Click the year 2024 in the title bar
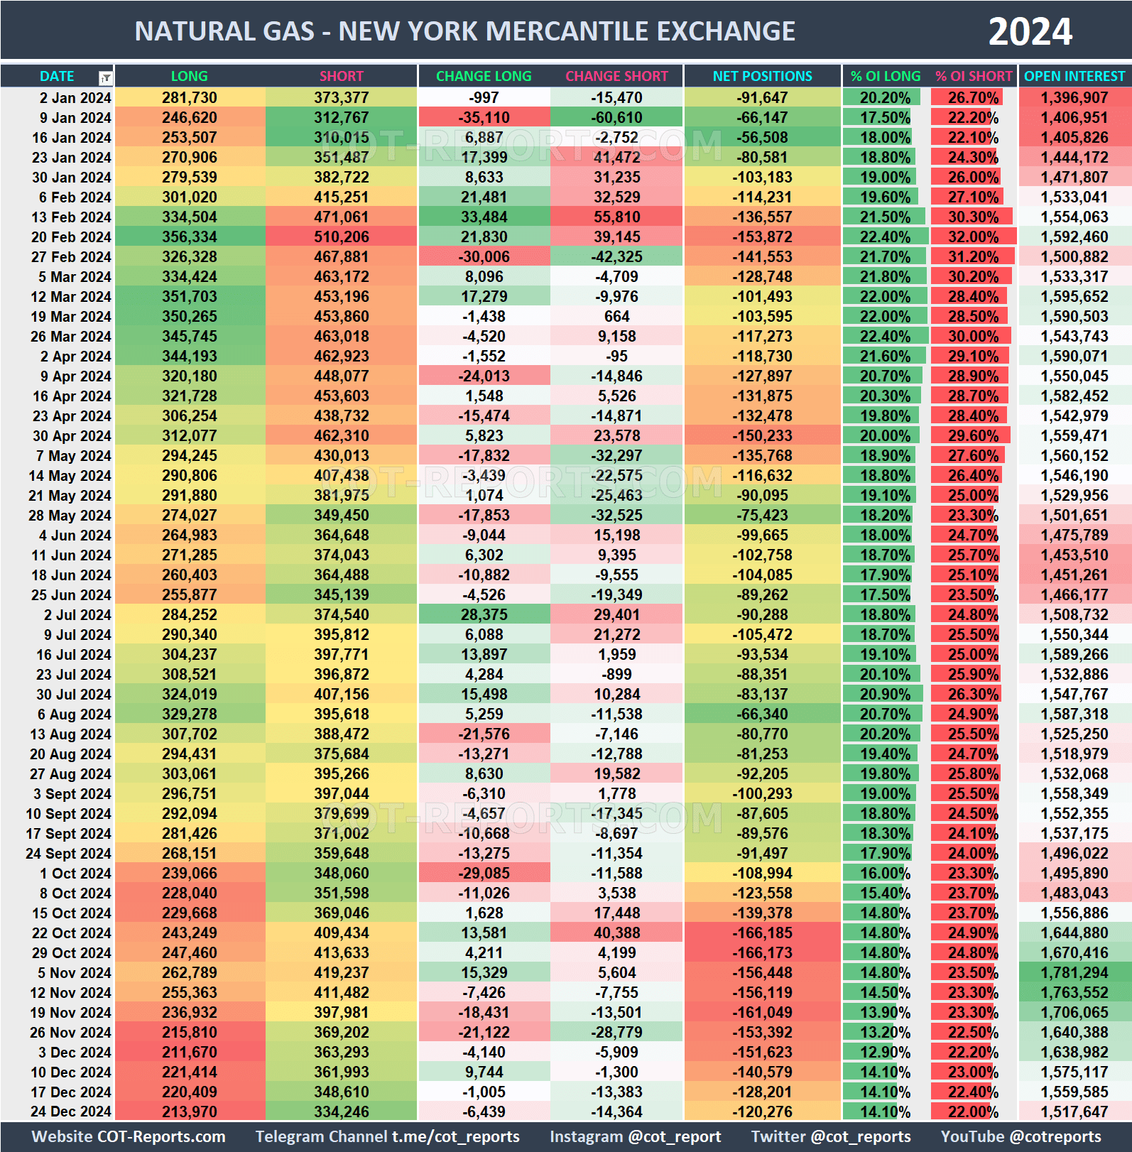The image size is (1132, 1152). click(1030, 31)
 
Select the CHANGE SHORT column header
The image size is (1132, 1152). click(616, 76)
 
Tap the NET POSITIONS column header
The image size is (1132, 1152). click(762, 76)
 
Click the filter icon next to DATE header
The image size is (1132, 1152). click(105, 77)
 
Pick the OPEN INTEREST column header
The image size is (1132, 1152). click(1074, 76)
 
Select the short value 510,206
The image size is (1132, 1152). click(341, 237)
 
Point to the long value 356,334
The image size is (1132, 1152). click(189, 237)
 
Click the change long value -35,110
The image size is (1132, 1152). click(484, 118)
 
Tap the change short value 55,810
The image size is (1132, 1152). click(616, 217)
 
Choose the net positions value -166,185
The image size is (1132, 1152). click(762, 933)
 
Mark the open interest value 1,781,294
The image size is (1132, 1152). click(1074, 973)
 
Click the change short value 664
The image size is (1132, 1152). click(616, 317)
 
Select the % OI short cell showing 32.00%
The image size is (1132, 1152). click(973, 237)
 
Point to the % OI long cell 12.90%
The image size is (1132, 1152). click(884, 1053)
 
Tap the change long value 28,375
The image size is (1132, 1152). click(484, 615)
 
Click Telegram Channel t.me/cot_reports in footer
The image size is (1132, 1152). click(387, 1137)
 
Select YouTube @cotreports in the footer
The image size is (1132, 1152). click(1021, 1137)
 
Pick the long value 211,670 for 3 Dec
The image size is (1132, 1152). click(189, 1053)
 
